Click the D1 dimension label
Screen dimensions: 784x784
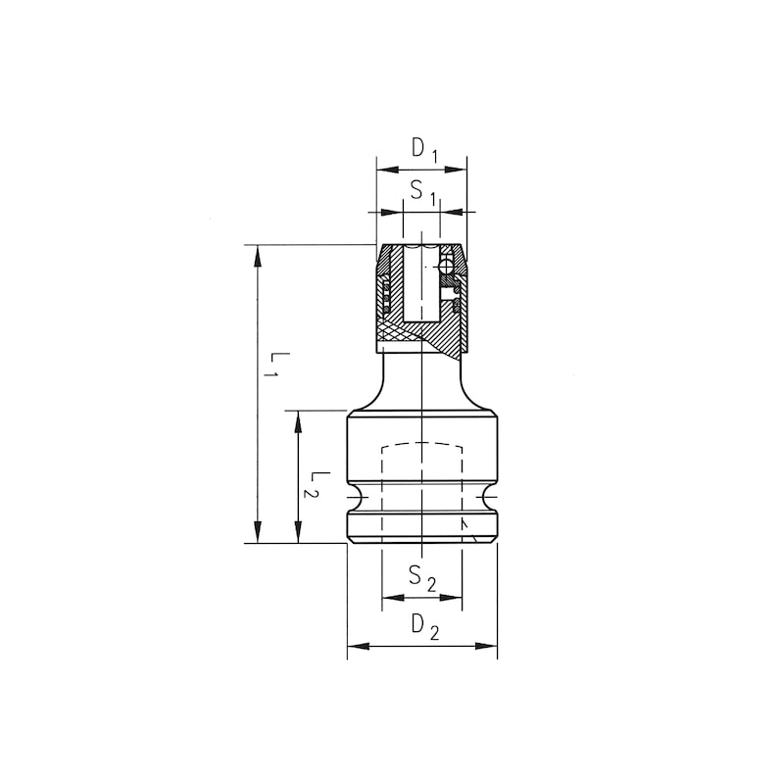(x=422, y=150)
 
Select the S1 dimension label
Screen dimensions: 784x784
(x=422, y=193)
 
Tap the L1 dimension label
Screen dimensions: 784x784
(x=275, y=365)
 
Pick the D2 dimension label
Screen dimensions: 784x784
(x=424, y=625)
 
